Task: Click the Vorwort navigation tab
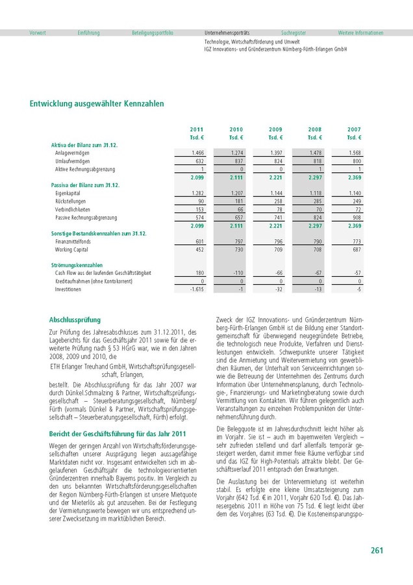[38, 32]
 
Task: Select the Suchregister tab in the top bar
[294, 32]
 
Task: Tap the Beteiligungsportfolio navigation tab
[153, 32]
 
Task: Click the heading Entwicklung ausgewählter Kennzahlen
[97, 103]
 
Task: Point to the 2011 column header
[197, 129]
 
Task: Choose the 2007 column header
[355, 129]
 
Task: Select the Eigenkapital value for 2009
[277, 194]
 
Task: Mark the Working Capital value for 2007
[356, 250]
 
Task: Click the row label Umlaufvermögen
[73, 161]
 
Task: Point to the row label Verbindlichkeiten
[74, 210]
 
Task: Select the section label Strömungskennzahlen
[77, 265]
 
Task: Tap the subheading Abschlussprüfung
[75, 320]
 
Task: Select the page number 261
[377, 551]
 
